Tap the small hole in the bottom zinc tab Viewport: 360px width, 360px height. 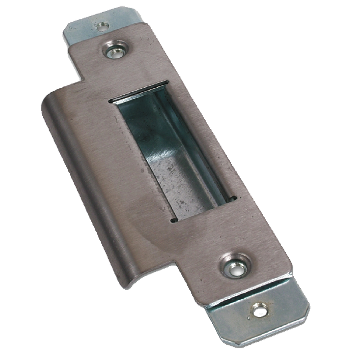coord(259,310)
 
